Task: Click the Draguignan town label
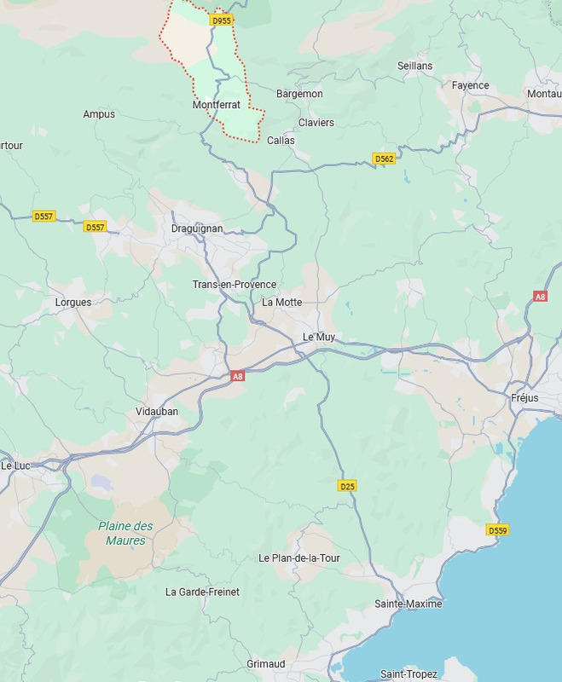point(197,228)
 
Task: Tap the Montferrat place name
point(216,105)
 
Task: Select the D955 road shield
point(222,20)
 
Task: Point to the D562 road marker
point(385,159)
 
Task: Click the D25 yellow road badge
point(346,486)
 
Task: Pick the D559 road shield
point(498,530)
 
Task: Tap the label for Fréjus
point(524,398)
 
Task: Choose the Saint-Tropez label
point(409,674)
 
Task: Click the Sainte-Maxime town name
point(408,604)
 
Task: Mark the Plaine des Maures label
point(125,533)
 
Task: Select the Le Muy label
point(319,337)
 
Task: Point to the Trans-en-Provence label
point(234,284)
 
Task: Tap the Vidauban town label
point(157,411)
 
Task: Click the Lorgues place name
point(73,302)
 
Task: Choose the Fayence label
point(470,85)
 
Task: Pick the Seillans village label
point(414,66)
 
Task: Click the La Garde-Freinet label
point(202,592)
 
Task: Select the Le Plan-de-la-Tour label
point(298,558)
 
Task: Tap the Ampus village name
point(99,114)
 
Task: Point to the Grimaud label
point(265,663)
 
